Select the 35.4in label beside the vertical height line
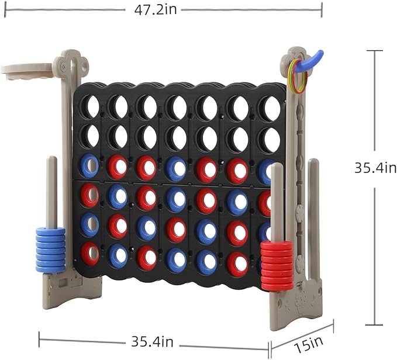pos(375,168)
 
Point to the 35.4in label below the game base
pos(149,340)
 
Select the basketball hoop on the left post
pos(26,70)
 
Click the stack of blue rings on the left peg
pos(51,250)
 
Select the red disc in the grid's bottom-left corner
pos(90,254)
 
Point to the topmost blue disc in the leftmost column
pos(90,165)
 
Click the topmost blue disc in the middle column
pos(176,168)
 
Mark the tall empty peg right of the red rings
pos(314,210)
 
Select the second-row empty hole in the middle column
pos(176,138)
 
